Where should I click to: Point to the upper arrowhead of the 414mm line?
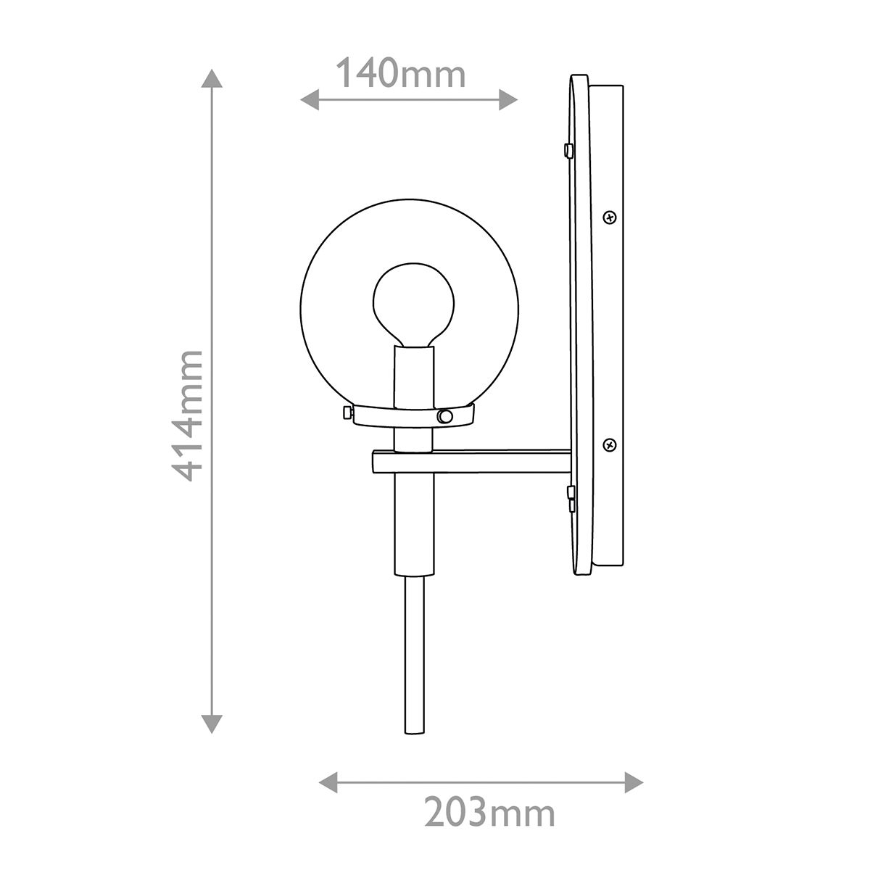[211, 80]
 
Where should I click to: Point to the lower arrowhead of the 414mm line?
[211, 723]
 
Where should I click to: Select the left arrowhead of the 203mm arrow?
[329, 782]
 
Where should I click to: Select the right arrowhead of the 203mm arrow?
[634, 782]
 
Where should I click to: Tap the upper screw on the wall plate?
[609, 216]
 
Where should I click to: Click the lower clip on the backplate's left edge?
[570, 497]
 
